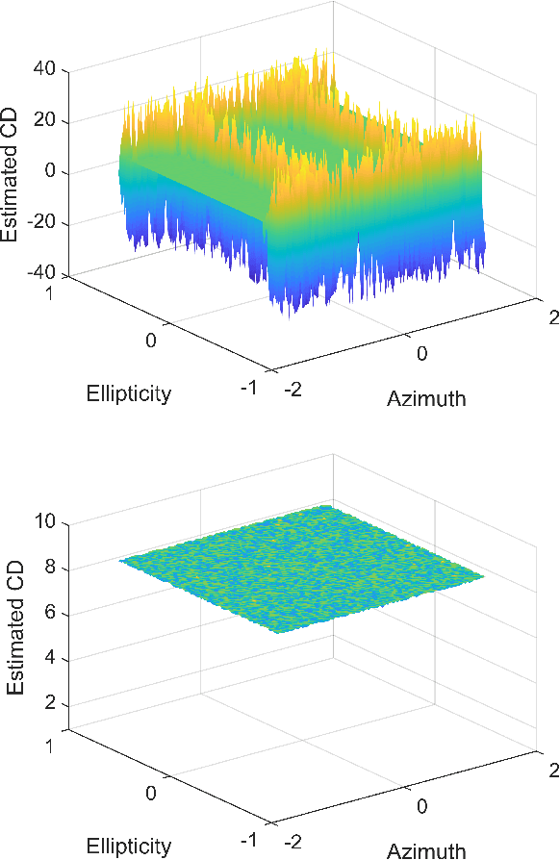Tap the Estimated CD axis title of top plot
pos(14,171)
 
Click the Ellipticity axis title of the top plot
pos(128,392)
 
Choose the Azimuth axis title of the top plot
pos(426,398)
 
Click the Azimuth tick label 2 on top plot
pos(552,319)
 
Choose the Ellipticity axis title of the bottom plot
pos(128,846)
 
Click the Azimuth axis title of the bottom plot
pos(426,850)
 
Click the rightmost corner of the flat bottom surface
pos(486,577)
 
